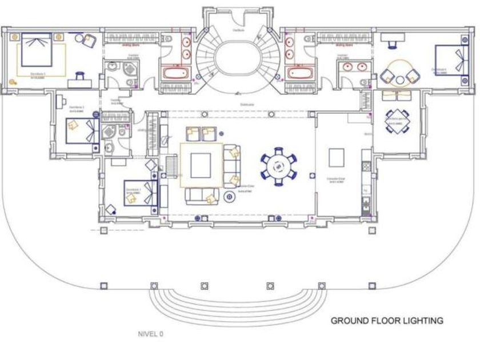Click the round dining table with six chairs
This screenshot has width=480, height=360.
coord(279,166)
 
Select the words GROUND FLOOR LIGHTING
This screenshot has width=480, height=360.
coord(387,321)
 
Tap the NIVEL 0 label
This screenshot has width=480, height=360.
coord(151,334)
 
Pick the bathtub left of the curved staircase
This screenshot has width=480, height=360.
coord(175,74)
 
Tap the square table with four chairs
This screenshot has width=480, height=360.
coord(396,121)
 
